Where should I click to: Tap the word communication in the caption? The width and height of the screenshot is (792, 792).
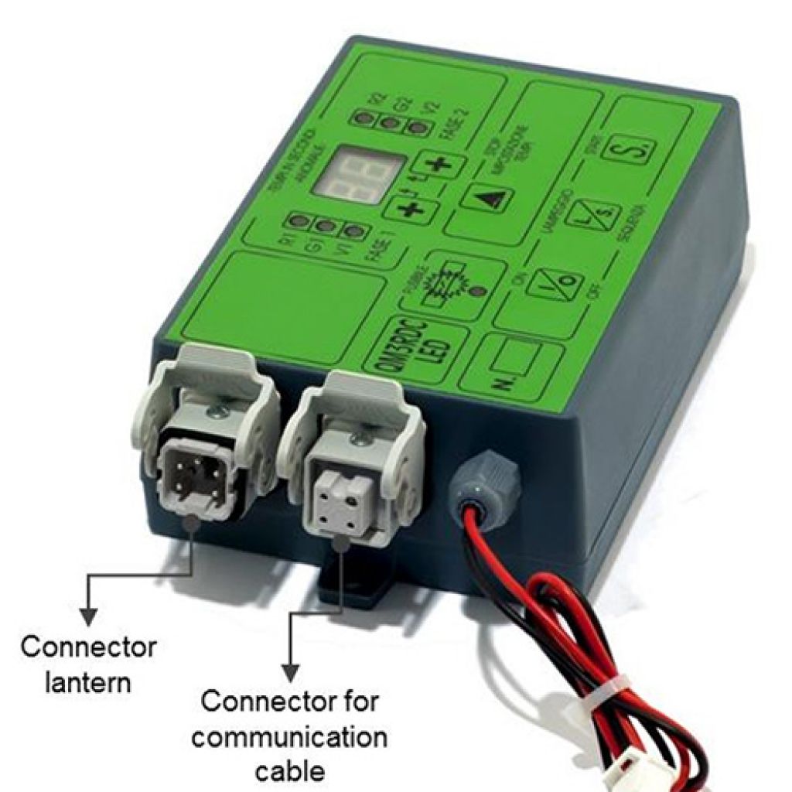289,736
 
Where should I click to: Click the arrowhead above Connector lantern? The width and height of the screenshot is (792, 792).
90,616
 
